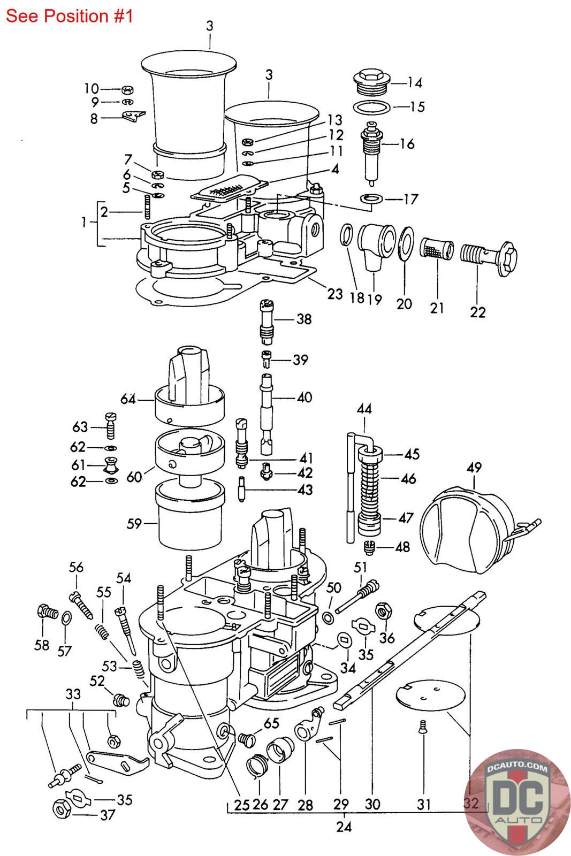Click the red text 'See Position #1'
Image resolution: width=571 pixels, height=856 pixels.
(69, 16)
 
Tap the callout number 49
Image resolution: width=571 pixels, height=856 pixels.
(474, 468)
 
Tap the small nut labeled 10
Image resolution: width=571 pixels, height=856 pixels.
(127, 90)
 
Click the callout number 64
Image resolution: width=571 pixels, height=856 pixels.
(128, 399)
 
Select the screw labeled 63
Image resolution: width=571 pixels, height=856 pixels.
(110, 426)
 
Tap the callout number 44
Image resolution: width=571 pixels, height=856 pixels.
(364, 409)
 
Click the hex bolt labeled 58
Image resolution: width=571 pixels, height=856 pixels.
(48, 612)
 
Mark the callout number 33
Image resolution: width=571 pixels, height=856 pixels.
(73, 694)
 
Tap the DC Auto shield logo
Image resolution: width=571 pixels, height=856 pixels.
(517, 806)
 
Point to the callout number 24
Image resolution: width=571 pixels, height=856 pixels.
(344, 827)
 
